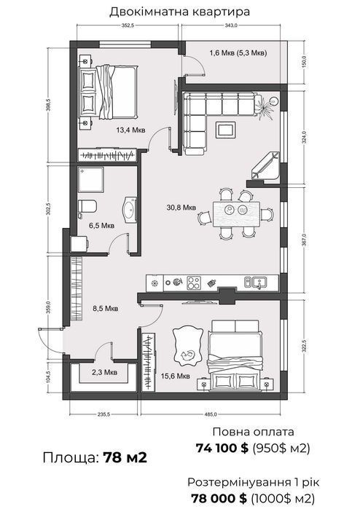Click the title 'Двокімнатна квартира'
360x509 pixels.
click(x=180, y=12)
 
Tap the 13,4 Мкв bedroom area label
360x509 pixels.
click(x=130, y=130)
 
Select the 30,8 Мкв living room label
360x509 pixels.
click(x=181, y=207)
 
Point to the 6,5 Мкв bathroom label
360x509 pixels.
click(x=102, y=225)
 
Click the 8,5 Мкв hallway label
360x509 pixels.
click(x=105, y=309)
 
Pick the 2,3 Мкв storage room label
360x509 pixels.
click(x=104, y=372)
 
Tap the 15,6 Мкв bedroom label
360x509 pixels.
click(x=176, y=376)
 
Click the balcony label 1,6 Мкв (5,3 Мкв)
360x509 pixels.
click(x=238, y=53)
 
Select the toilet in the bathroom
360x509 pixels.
click(x=87, y=207)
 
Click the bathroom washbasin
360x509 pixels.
click(x=130, y=210)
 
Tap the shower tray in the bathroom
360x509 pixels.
click(x=90, y=180)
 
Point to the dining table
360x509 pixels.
click(x=236, y=214)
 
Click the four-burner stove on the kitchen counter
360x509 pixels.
click(x=194, y=283)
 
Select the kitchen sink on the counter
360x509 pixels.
click(x=255, y=283)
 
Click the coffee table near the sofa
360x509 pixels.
click(x=226, y=129)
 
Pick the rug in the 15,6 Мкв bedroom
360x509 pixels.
click(x=187, y=347)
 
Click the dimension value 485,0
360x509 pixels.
click(x=211, y=414)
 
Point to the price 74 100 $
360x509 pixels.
click(x=222, y=449)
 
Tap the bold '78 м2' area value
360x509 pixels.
click(x=125, y=458)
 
